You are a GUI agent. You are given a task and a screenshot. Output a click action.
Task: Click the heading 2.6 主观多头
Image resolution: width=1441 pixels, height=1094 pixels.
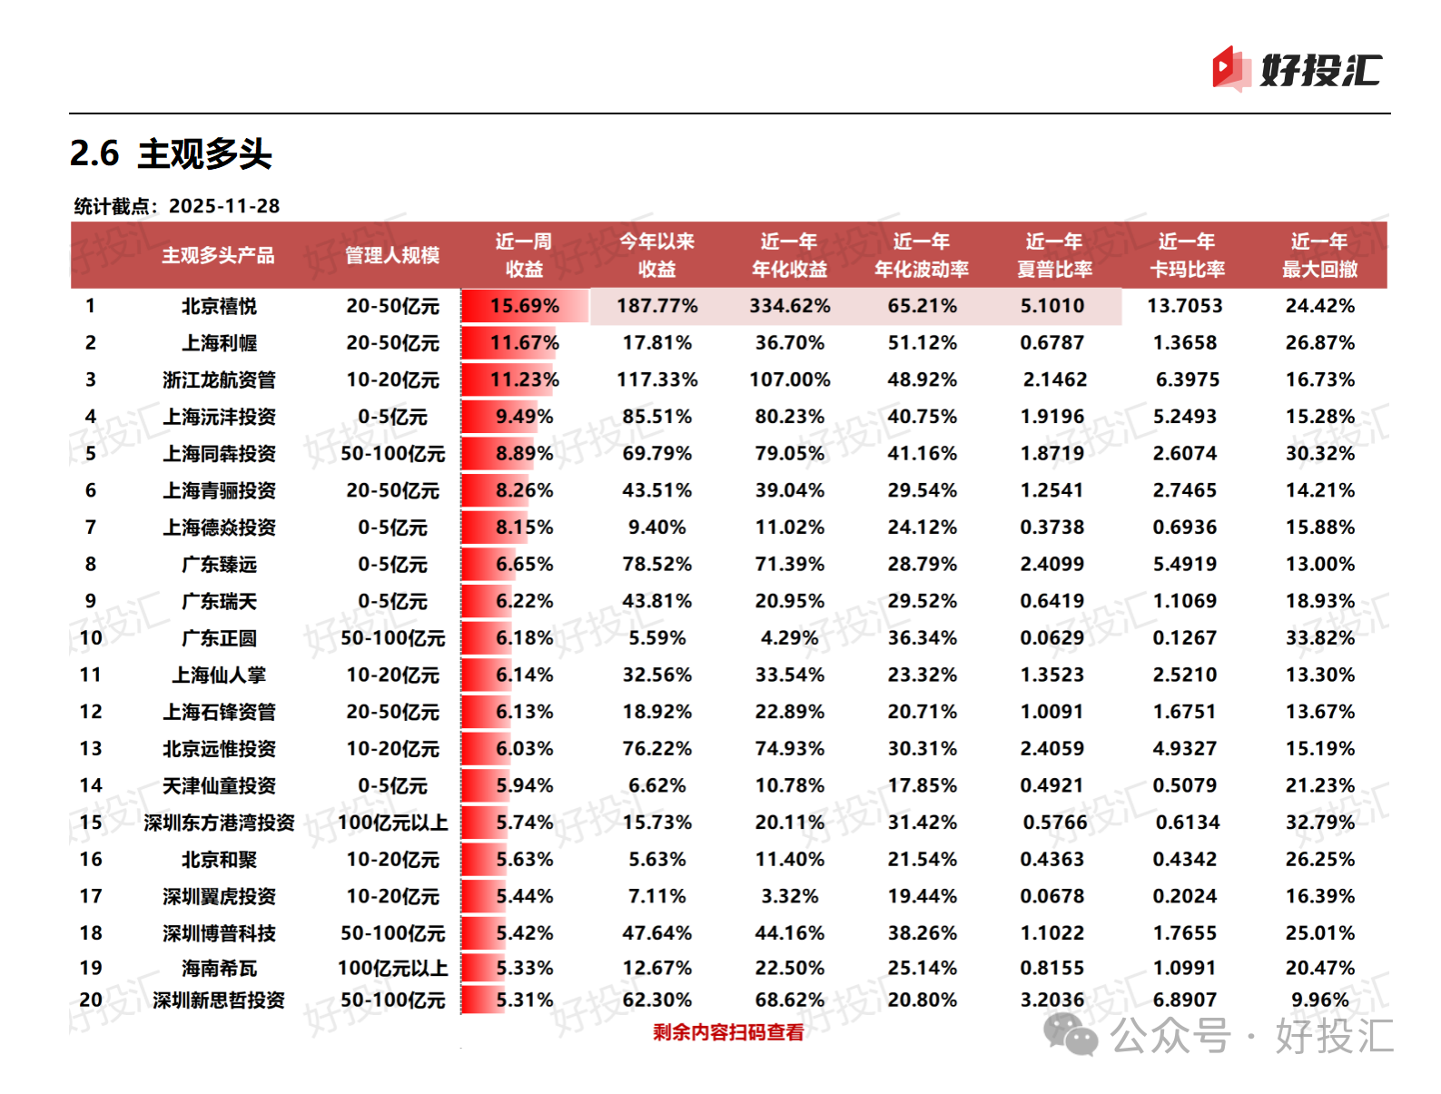coord(171,153)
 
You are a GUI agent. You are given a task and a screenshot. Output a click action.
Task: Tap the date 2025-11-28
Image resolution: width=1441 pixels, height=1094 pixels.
coord(224,206)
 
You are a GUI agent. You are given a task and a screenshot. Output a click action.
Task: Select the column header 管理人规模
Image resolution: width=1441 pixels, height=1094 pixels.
coord(392,255)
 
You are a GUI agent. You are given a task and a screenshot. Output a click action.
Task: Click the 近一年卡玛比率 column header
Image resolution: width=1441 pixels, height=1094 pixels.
coord(1187,255)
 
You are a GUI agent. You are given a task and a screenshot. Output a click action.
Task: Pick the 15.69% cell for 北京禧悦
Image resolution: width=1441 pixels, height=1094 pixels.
coord(525,306)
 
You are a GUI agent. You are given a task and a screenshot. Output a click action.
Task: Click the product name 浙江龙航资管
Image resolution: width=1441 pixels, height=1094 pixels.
coord(219,379)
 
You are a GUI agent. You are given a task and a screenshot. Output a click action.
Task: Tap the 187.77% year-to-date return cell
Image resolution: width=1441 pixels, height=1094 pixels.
coord(656,306)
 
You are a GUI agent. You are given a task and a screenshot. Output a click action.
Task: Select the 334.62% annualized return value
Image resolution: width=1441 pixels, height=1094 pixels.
coord(789,306)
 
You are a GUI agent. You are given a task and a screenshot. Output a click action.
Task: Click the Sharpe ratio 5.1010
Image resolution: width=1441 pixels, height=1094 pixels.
coord(1052,306)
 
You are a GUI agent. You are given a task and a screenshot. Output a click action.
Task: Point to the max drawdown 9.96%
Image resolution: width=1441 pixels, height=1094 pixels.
coord(1319,1000)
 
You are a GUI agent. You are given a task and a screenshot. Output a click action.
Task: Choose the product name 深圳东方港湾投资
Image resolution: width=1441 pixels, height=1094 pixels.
coord(219,823)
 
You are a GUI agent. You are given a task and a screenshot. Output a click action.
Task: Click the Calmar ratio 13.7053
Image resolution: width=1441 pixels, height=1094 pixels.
coord(1185,306)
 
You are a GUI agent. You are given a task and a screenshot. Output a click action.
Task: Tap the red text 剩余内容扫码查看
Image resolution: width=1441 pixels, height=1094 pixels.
coord(728,1032)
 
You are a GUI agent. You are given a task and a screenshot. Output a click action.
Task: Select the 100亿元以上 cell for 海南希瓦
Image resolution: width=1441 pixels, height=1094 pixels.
coord(392,968)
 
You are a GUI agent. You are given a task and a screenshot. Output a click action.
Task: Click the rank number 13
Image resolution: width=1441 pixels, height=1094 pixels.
coord(91,748)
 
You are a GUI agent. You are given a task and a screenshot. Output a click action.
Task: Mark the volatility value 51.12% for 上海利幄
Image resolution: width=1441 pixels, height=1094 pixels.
coord(922,343)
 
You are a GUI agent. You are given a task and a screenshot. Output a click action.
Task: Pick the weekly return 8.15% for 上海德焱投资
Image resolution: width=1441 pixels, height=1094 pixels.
coord(524,527)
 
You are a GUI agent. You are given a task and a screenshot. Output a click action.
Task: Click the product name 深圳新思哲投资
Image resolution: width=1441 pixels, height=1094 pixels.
coord(219,1000)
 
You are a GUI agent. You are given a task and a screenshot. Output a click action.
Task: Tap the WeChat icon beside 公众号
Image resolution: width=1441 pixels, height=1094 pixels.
coord(1071,1035)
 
